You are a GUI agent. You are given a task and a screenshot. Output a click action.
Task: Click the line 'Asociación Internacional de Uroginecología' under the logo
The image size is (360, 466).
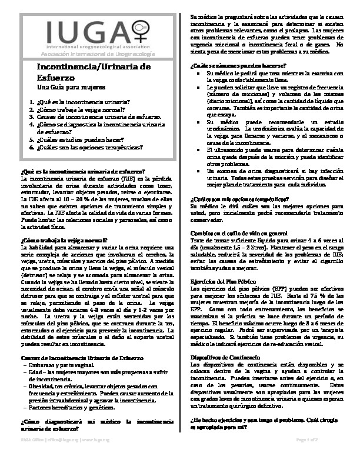(x=87, y=54)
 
